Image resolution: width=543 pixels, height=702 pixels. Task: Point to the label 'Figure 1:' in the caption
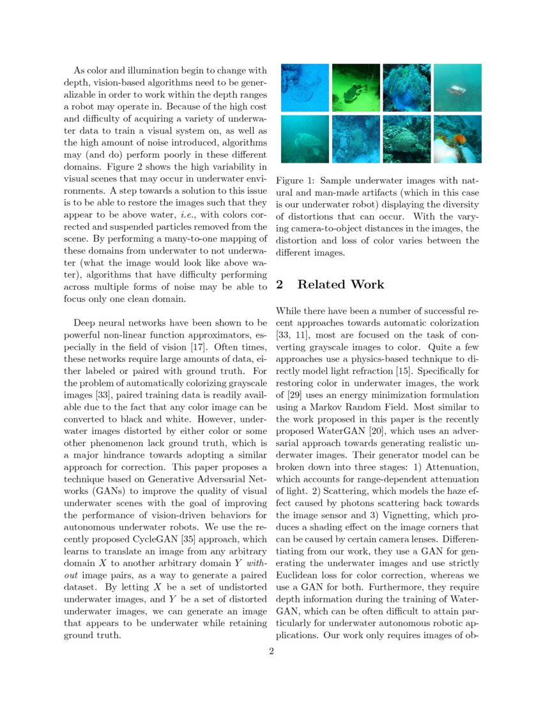tap(296, 181)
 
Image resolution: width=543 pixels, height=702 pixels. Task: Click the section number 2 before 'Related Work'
tap(280, 285)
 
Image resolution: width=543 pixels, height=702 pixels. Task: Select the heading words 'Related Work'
tap(340, 285)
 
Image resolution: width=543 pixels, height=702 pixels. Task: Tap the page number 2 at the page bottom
tap(271, 652)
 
